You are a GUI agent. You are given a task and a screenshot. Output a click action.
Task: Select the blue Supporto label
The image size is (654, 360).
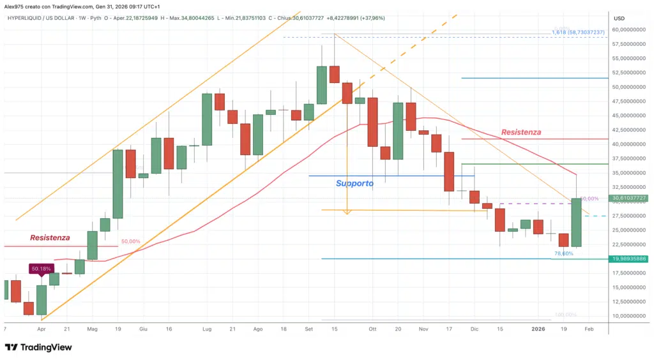coord(354,183)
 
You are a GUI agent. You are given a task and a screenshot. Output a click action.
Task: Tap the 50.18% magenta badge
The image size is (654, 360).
coord(40,269)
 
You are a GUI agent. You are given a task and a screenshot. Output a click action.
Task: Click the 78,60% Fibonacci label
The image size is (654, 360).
coord(563,253)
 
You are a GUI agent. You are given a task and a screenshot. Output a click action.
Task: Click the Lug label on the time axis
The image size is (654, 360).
coord(206,329)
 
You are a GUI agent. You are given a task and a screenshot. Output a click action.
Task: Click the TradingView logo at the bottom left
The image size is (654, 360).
coord(38,347)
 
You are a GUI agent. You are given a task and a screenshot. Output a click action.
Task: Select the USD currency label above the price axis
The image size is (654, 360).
coord(619,18)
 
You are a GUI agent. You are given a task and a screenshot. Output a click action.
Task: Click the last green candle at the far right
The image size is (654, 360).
coord(576,223)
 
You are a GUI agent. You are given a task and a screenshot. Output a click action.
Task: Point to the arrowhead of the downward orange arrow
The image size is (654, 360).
coord(347,212)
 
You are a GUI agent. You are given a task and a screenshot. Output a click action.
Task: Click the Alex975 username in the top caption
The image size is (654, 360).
coord(14,6)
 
